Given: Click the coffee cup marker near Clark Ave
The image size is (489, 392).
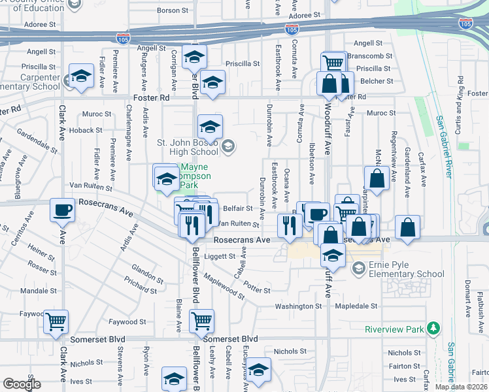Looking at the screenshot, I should pyautogui.click(x=63, y=210).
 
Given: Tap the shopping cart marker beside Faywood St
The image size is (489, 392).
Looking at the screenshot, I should pyautogui.click(x=57, y=321).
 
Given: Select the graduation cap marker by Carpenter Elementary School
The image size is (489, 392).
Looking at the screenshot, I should pyautogui.click(x=82, y=76).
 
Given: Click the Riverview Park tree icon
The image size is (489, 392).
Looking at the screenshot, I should pyautogui.click(x=432, y=328).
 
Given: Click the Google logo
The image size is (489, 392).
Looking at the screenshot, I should pyautogui.click(x=22, y=384).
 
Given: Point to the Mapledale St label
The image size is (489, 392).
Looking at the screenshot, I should pyautogui.click(x=357, y=306).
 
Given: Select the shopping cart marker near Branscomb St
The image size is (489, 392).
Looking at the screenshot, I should pyautogui.click(x=333, y=63).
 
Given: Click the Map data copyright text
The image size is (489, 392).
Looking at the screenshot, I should pyautogui.click(x=460, y=387).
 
